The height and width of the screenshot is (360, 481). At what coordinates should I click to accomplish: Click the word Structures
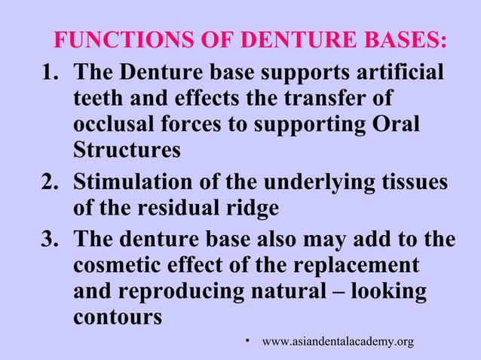click(x=127, y=150)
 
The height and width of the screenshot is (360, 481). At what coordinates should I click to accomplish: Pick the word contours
click(x=117, y=317)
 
